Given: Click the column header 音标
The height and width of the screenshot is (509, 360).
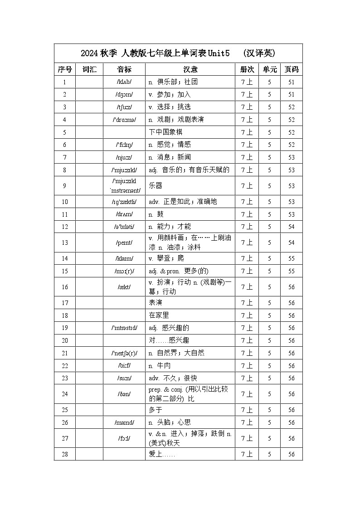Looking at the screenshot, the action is [x=124, y=69].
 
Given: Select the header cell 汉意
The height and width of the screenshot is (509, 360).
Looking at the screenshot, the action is [x=190, y=69].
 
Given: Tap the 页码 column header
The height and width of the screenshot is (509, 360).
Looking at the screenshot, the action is [x=291, y=69].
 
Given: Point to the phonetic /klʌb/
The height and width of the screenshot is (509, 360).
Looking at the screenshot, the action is [x=124, y=82].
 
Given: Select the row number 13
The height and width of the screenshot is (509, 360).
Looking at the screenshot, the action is [x=65, y=242].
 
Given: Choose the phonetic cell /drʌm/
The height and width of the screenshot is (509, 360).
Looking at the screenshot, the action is [x=124, y=214].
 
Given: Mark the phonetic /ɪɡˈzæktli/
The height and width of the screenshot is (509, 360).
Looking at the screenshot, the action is [x=124, y=202].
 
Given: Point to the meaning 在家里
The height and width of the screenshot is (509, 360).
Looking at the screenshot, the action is [x=159, y=315].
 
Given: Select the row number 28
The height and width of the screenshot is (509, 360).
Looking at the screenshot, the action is [x=65, y=454].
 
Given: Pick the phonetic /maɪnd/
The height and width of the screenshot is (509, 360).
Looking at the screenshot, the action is [x=124, y=422].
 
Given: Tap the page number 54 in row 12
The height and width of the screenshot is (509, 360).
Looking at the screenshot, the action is [x=291, y=227].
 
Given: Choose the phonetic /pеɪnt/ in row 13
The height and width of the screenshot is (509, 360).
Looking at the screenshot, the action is [x=124, y=242].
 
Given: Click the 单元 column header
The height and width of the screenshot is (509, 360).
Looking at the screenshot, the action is [x=269, y=69].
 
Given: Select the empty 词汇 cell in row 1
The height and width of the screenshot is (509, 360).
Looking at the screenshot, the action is [x=89, y=82].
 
